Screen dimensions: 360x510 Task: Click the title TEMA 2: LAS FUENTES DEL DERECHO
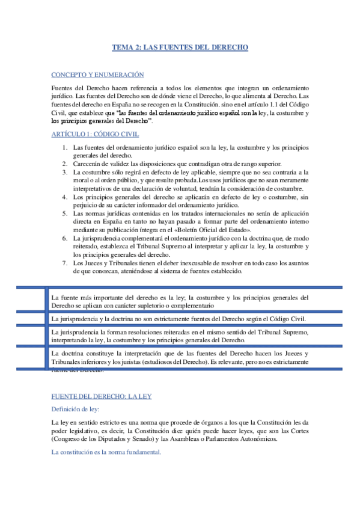(x=180, y=46)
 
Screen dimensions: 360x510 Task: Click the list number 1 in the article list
(x=65, y=147)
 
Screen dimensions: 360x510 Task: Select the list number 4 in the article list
(x=65, y=196)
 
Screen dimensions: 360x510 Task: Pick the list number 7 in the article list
(x=65, y=263)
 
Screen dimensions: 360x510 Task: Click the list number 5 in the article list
(x=65, y=213)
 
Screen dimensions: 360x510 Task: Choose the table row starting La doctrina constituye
(x=180, y=358)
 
